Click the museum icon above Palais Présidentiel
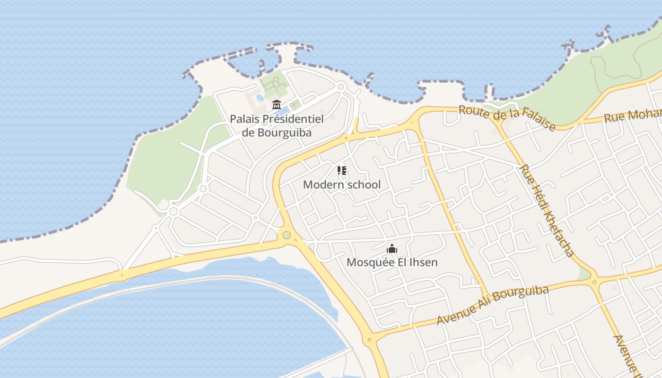277,104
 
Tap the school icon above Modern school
342,171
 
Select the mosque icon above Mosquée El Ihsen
392,249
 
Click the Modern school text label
341,184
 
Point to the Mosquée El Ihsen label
392,262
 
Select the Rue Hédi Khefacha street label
546,210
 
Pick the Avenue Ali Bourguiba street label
492,305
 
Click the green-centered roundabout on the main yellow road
286,235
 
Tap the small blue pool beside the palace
260,98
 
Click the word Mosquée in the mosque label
367,262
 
